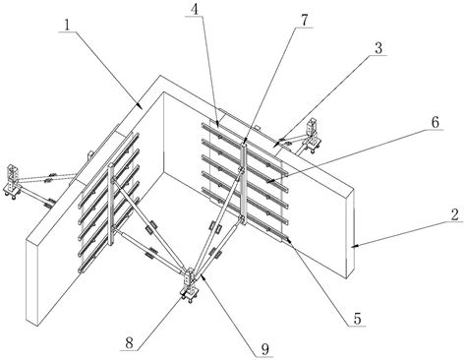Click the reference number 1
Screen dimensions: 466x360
tap(67, 25)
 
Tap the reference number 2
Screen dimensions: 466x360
tap(454, 214)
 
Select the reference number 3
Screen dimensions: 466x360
tap(379, 48)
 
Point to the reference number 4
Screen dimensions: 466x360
tap(195, 10)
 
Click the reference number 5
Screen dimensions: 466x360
tap(357, 319)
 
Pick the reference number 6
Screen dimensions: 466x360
tap(435, 123)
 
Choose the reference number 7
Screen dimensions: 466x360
tap(305, 21)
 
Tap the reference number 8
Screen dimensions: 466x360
tap(130, 343)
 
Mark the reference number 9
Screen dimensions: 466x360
tap(265, 350)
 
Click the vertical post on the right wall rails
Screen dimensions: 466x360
tap(243, 182)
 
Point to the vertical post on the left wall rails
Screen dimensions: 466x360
tap(111, 205)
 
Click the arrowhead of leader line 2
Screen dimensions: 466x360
tap(355, 246)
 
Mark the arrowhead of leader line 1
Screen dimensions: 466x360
tap(141, 107)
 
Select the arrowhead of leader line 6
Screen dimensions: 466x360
tap(267, 181)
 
